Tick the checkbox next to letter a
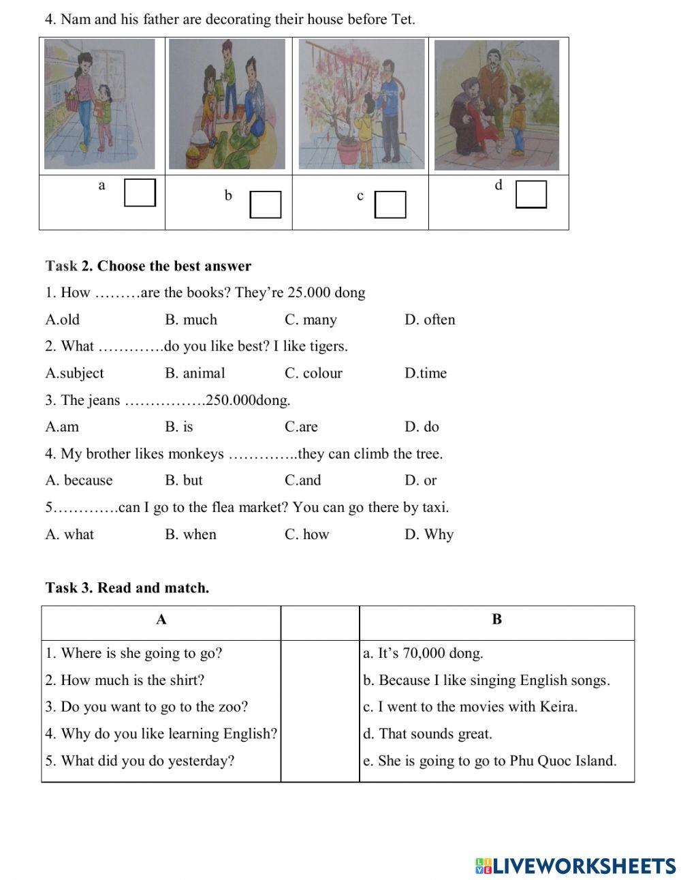pyautogui.click(x=140, y=192)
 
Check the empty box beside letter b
pyautogui.click(x=266, y=204)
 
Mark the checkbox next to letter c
pyautogui.click(x=390, y=204)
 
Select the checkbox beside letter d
pyautogui.click(x=531, y=194)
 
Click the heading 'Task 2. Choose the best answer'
pyautogui.click(x=148, y=266)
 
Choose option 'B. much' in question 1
pyautogui.click(x=191, y=320)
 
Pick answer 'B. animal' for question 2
pyautogui.click(x=195, y=374)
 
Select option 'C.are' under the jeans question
pyautogui.click(x=301, y=427)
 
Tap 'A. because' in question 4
pyautogui.click(x=79, y=481)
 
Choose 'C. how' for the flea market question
pyautogui.click(x=306, y=534)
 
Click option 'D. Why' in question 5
pyautogui.click(x=429, y=534)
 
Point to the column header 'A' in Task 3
pyautogui.click(x=161, y=620)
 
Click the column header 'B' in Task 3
pyautogui.click(x=496, y=620)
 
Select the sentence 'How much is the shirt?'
pyautogui.click(x=125, y=680)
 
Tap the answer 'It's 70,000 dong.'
pyautogui.click(x=423, y=653)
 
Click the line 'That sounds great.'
pyautogui.click(x=428, y=734)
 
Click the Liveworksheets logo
pyautogui.click(x=575, y=866)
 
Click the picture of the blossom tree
pyautogui.click(x=361, y=104)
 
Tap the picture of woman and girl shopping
pyautogui.click(x=99, y=104)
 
